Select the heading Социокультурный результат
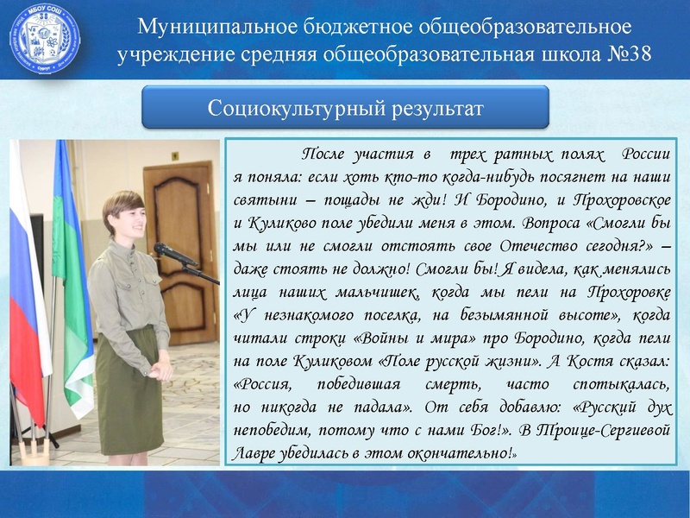345,108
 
